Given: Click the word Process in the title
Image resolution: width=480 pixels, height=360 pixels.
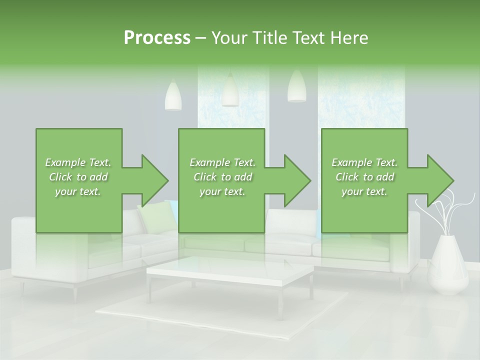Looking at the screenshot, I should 157,38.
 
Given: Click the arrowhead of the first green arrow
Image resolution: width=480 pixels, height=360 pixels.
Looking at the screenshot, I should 155,180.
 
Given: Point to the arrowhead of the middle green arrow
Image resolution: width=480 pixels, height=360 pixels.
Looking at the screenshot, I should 297,180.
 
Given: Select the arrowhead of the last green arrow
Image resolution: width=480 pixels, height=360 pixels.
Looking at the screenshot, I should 440,180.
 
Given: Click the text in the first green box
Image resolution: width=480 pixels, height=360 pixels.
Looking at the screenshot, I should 78,177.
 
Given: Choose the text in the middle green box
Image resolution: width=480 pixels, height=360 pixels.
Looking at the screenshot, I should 222,177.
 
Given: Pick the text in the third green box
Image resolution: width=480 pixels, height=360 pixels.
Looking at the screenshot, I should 364,177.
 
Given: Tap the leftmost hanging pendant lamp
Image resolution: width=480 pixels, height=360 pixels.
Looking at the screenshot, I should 173,96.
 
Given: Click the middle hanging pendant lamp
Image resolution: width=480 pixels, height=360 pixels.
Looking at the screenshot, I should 230,91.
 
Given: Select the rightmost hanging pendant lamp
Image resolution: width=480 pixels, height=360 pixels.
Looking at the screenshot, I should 296,87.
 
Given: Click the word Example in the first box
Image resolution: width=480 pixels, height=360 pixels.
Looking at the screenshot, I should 65,162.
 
